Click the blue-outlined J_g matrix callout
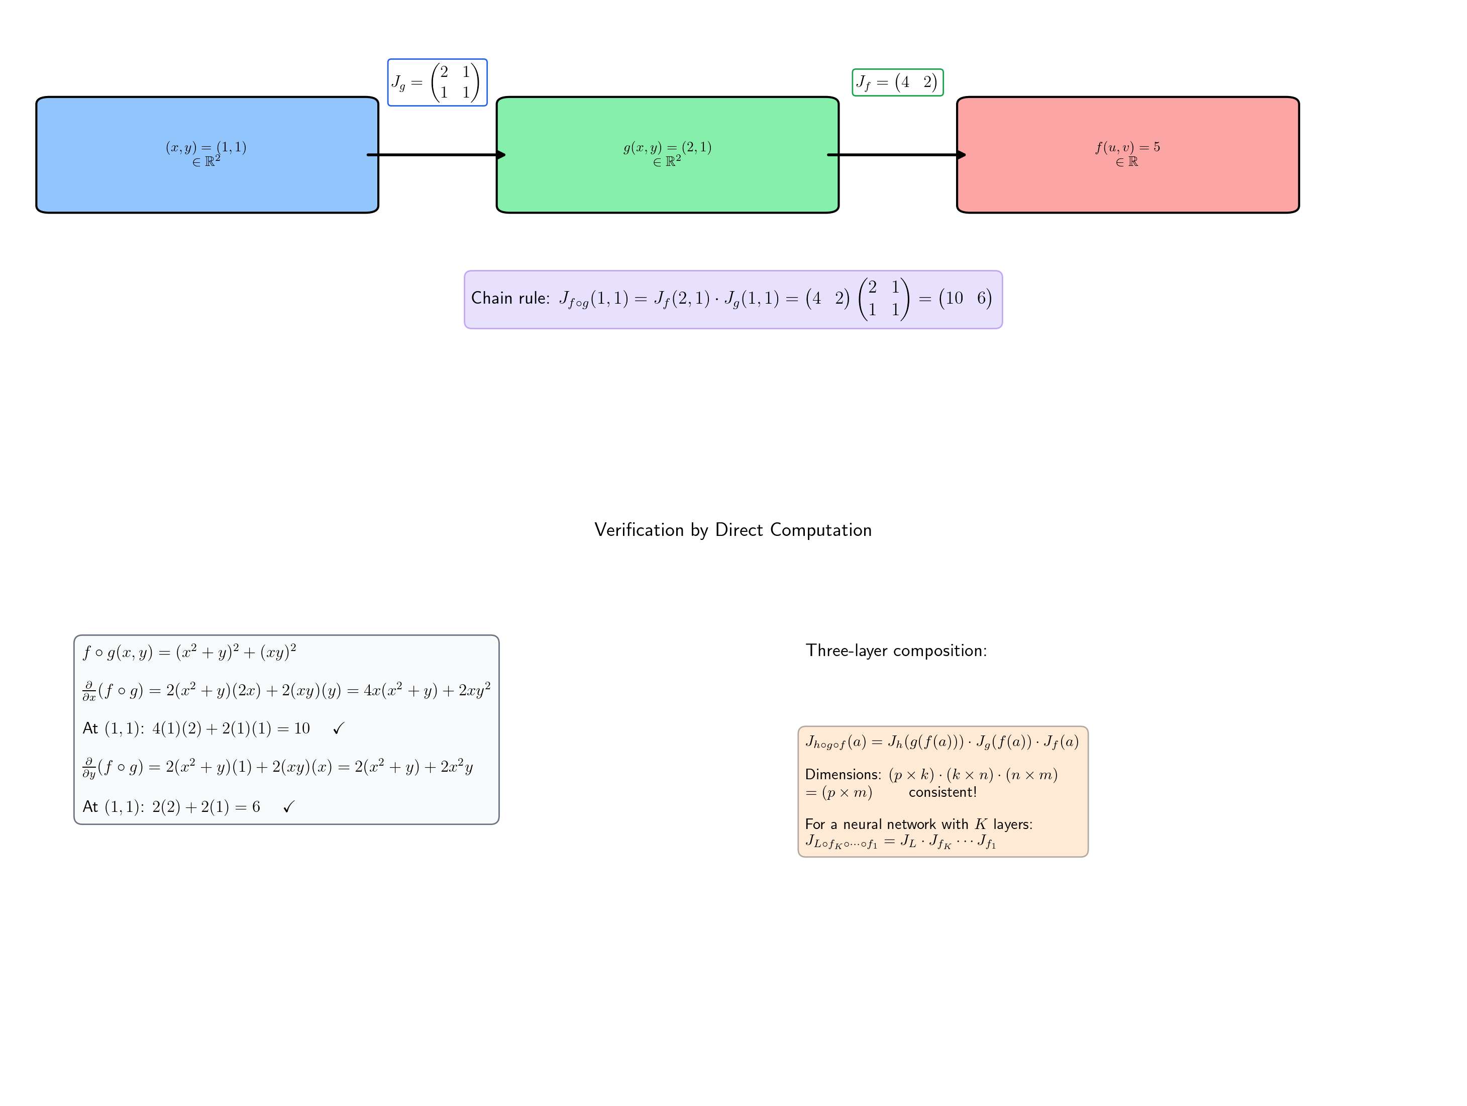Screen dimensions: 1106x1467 click(x=437, y=82)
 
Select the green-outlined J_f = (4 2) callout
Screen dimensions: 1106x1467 click(x=897, y=82)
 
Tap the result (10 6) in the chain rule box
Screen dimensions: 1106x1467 click(x=965, y=299)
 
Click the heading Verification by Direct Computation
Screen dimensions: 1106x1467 click(x=733, y=530)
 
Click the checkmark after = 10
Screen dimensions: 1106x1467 click(x=338, y=729)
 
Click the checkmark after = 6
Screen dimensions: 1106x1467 click(x=288, y=807)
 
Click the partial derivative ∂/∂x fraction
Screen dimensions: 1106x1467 click(x=89, y=691)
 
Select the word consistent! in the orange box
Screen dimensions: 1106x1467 click(x=942, y=792)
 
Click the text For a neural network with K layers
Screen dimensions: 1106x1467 click(x=918, y=824)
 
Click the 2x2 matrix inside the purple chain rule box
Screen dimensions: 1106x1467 click(x=883, y=299)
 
